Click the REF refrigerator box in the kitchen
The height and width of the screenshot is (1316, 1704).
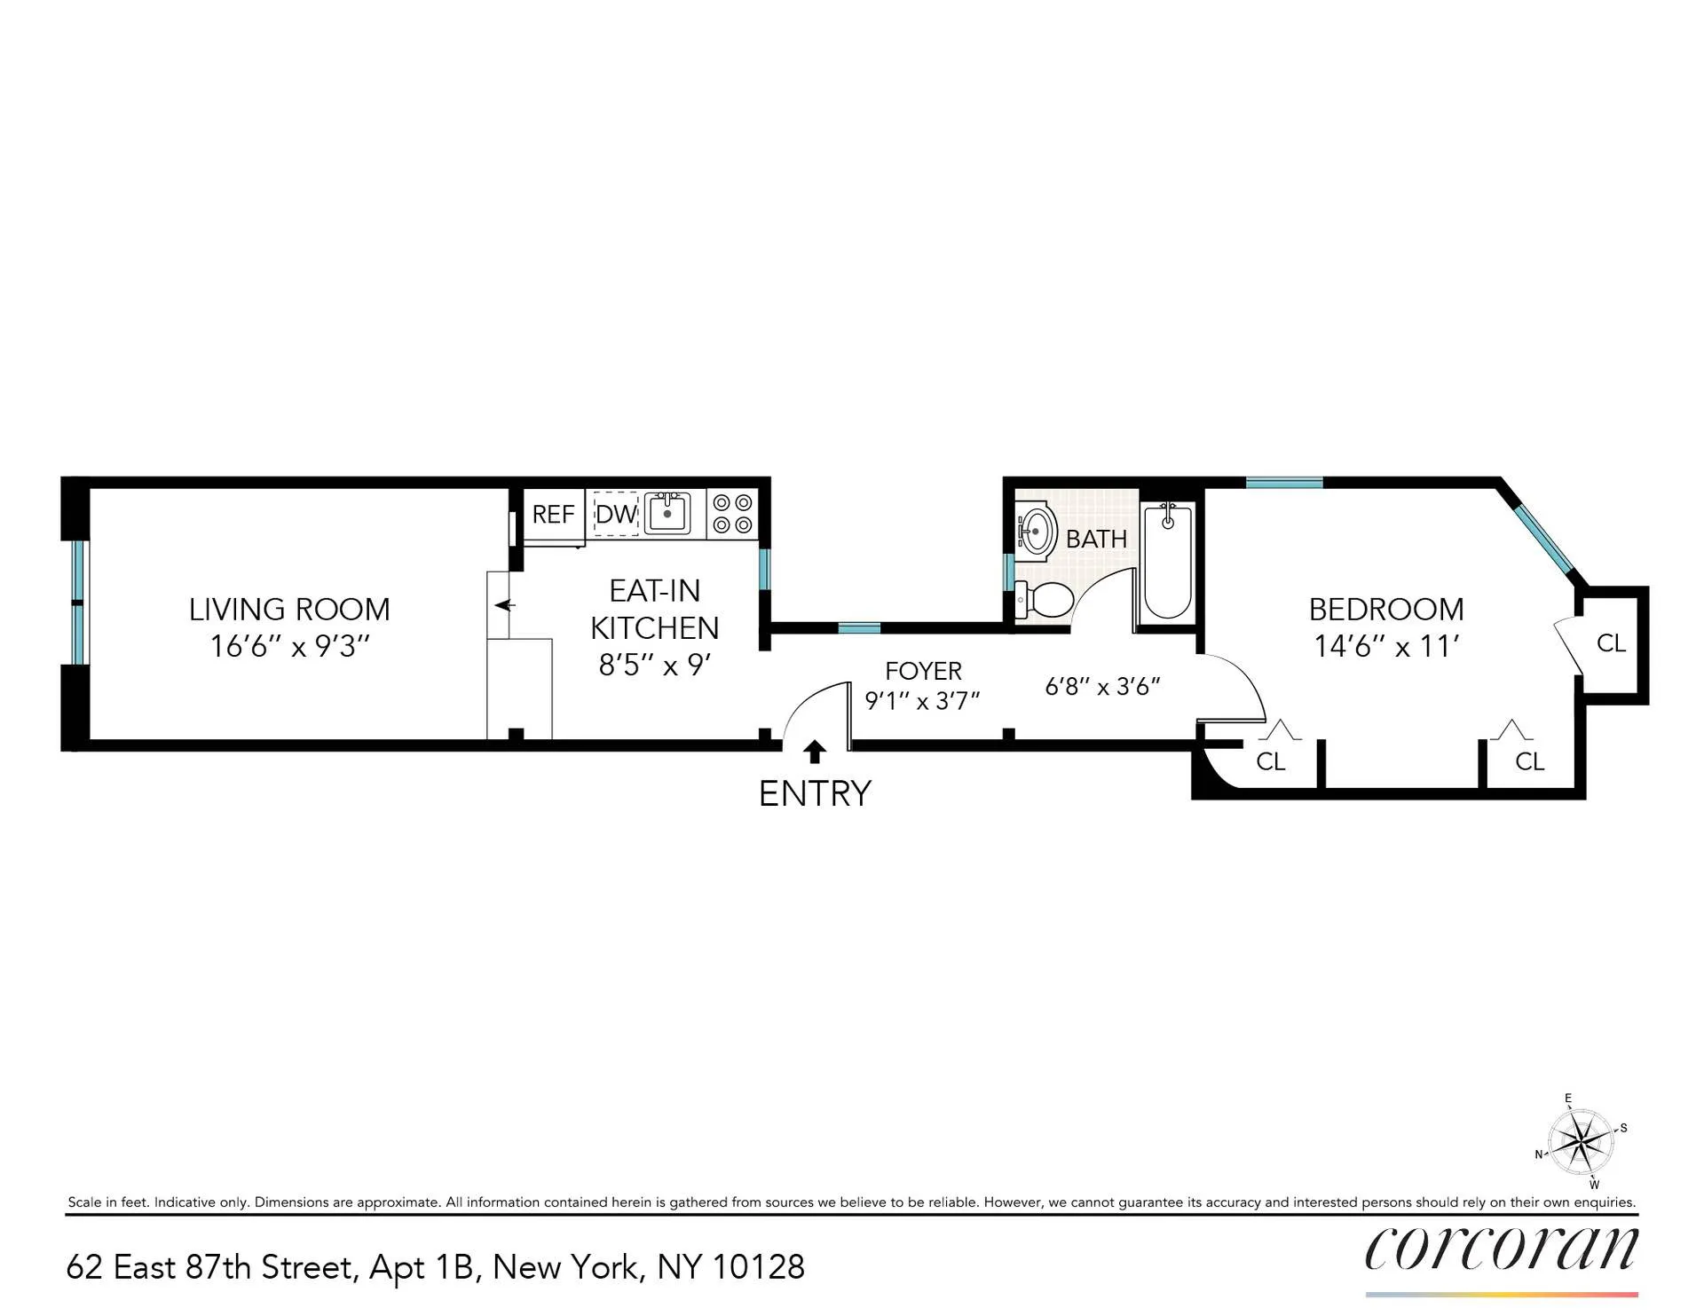[553, 514]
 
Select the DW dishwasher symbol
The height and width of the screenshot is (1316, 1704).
[616, 514]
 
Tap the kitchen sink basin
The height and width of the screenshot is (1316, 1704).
[667, 513]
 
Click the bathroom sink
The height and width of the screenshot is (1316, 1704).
[1036, 531]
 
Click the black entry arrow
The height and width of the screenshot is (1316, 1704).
[815, 752]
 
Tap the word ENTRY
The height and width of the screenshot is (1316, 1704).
[815, 793]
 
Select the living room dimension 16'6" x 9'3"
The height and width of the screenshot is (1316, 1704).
[289, 647]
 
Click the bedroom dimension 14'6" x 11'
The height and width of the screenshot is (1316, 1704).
[1386, 647]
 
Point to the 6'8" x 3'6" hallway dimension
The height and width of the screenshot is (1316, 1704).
[1102, 686]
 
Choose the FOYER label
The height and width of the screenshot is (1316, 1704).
[923, 671]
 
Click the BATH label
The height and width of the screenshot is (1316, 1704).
[1096, 539]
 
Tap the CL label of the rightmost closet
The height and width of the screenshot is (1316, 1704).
[1611, 643]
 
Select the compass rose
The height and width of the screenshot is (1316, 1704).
[1581, 1141]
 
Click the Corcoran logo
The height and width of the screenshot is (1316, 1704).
[1501, 1249]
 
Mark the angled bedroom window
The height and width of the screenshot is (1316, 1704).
[1544, 537]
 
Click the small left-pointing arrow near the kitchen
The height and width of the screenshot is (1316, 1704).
[505, 605]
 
